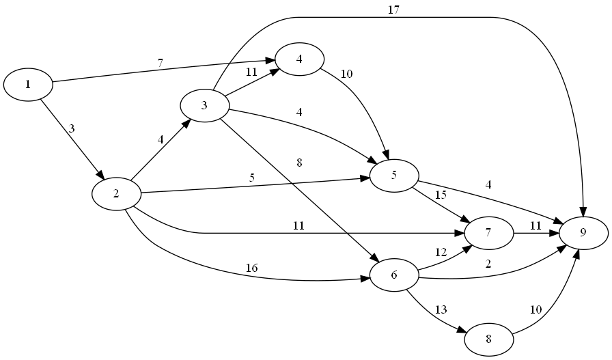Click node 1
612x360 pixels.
coord(28,84)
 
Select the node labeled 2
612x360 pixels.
coord(116,193)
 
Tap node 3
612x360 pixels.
coord(204,105)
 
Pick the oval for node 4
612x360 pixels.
coord(299,58)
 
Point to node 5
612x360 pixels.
coord(394,176)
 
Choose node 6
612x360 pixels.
coord(393,275)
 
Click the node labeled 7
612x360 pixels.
coord(488,232)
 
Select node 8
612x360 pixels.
coord(488,339)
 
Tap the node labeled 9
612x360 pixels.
coord(583,232)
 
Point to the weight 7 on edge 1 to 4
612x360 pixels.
coord(161,63)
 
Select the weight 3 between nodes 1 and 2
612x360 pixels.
coord(71,128)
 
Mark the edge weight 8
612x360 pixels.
coord(299,163)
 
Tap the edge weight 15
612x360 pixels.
coord(441,195)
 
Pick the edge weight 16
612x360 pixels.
coord(251,268)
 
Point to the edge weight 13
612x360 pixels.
coord(441,309)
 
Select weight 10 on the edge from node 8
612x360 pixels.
coord(536,309)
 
